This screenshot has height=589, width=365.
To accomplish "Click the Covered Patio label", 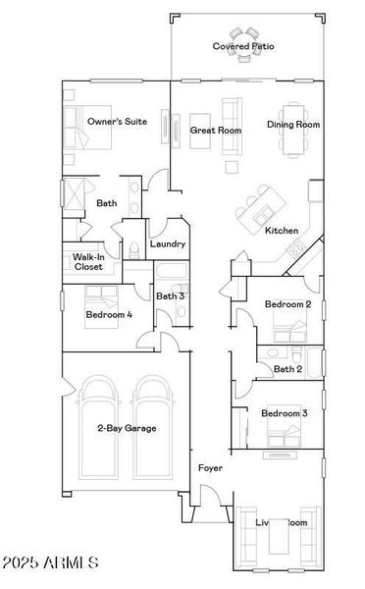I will tap(244, 46).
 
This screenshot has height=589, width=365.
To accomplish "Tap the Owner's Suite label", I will tap(117, 121).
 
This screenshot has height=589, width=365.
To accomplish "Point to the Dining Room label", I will tap(293, 125).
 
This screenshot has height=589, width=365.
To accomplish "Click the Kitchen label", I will tap(282, 231).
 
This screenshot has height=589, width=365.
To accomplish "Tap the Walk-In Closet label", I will tap(88, 261).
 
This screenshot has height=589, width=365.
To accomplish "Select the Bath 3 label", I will tap(171, 295).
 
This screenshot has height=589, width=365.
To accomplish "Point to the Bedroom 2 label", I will tap(288, 304).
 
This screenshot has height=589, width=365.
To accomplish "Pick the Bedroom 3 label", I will tap(285, 413).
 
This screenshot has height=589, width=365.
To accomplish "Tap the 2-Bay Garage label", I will tap(127, 428).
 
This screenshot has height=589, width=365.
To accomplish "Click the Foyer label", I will tap(210, 468).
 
